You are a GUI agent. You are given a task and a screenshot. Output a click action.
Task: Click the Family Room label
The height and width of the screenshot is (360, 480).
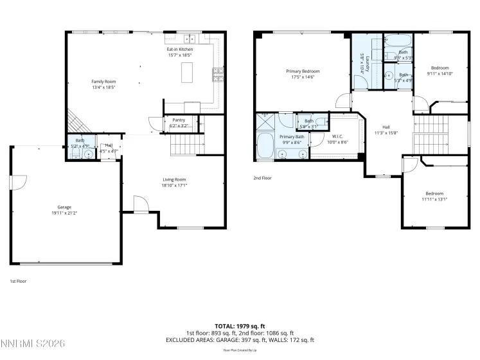tap(103, 82)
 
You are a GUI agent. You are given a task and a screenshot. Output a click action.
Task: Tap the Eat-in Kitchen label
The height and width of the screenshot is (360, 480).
tap(179, 50)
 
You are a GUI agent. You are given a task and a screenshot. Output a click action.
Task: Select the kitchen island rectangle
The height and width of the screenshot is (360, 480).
tap(188, 74)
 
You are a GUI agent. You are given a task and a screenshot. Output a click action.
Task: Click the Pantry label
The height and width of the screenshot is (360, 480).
tap(175, 120)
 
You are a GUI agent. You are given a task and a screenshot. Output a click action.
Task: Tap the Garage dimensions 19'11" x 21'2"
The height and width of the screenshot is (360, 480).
tap(64, 213)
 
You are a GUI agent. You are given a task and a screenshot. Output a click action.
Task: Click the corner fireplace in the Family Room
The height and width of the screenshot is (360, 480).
tap(75, 121)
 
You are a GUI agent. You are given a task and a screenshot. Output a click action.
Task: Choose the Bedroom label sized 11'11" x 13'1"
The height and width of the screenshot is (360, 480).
tap(434, 193)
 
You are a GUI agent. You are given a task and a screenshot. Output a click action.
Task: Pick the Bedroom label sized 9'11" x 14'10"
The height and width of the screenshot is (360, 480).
tap(440, 67)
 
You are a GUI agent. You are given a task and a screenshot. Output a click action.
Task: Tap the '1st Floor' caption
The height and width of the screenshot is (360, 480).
tap(18, 281)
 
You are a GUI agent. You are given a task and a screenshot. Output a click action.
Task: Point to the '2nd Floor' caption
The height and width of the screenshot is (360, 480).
tap(262, 177)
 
